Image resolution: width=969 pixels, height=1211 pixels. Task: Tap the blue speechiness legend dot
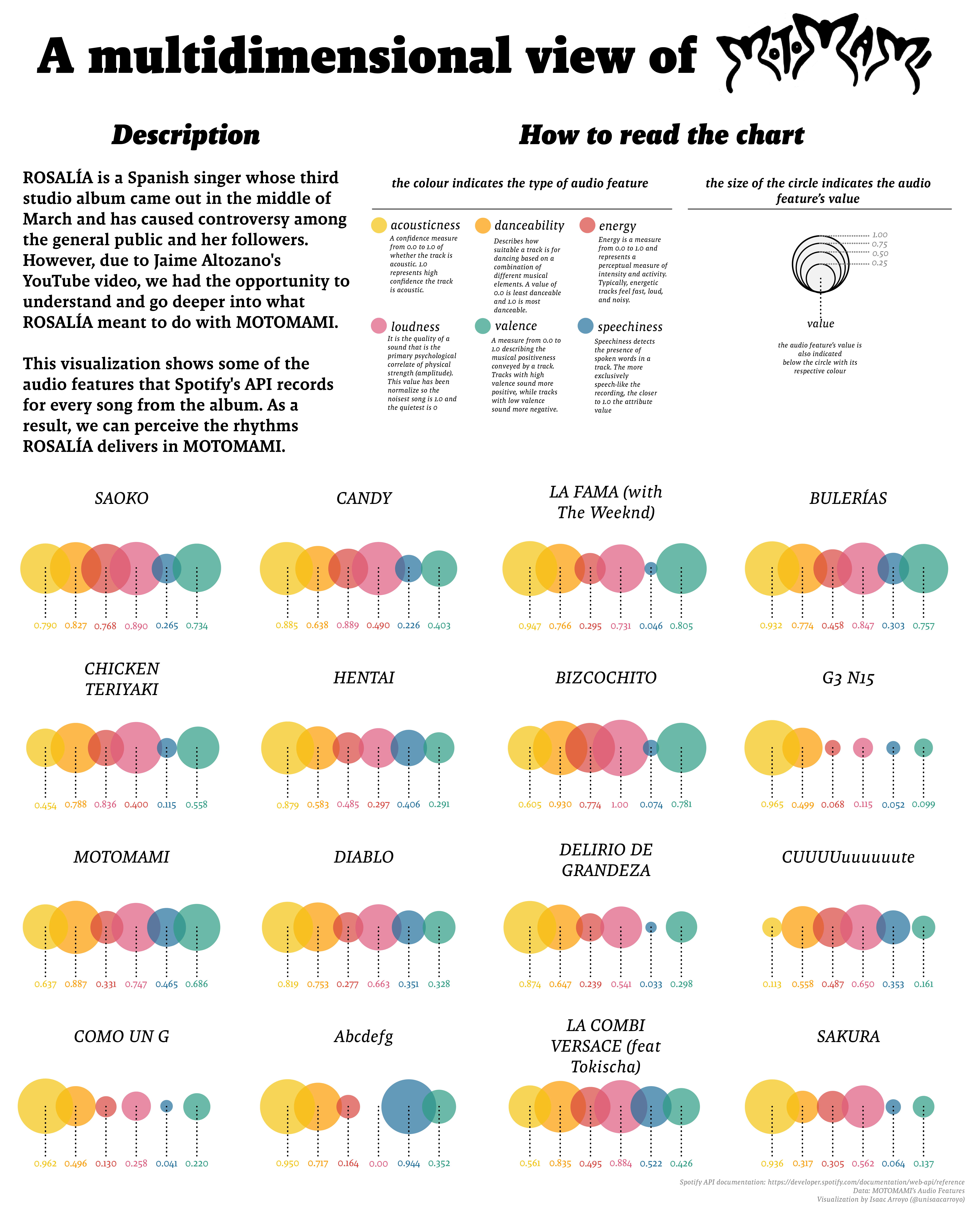click(585, 326)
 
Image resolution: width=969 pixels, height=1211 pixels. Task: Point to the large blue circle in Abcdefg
click(408, 1106)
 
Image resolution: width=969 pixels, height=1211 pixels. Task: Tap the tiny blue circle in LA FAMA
click(650, 568)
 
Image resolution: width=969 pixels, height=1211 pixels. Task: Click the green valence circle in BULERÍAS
click(924, 568)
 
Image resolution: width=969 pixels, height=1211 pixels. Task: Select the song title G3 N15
click(848, 678)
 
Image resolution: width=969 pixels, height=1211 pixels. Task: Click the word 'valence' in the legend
click(516, 326)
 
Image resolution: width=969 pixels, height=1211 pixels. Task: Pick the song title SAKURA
click(848, 1036)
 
